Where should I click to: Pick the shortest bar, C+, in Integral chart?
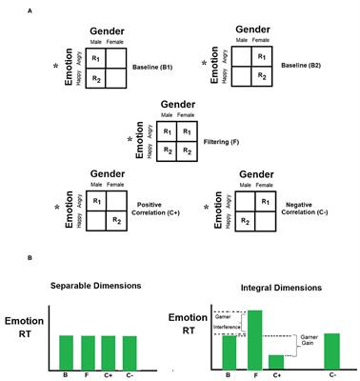tap(276, 362)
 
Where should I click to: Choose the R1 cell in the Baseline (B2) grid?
tap(254, 55)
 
